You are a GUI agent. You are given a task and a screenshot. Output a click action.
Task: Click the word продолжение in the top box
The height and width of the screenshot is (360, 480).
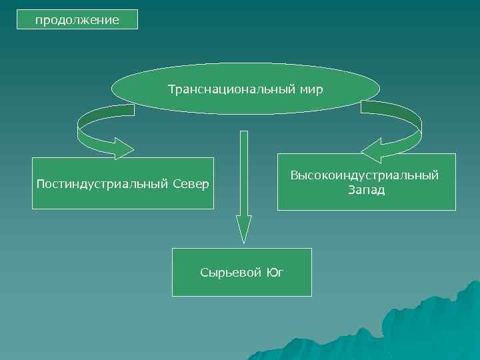coord(77,20)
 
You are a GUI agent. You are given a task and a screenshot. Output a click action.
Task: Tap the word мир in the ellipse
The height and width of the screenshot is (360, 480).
coord(311,89)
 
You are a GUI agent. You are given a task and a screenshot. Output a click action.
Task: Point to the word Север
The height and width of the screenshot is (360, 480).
coord(191,183)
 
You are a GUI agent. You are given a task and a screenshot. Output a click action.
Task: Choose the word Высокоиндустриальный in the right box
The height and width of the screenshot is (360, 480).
coord(365,175)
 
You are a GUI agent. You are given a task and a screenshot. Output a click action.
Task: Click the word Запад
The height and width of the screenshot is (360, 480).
coord(366,190)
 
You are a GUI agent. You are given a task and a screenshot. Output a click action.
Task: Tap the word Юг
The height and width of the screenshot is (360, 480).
coord(275,273)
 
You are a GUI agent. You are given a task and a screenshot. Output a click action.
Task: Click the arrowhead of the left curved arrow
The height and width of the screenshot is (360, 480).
coord(123,148)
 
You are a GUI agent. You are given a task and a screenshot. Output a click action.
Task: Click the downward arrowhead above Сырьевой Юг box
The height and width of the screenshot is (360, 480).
coord(244,229)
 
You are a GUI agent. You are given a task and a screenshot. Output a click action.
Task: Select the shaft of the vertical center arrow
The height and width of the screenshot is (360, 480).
coord(244,173)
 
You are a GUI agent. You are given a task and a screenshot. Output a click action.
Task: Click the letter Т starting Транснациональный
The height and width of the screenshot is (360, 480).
coord(171,89)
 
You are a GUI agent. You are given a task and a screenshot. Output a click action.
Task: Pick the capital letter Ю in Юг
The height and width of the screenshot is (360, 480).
coord(271,273)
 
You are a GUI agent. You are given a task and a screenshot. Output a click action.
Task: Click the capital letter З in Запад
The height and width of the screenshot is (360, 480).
coord(350,190)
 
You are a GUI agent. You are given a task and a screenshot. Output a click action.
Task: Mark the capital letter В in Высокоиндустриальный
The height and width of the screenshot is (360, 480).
coord(294,175)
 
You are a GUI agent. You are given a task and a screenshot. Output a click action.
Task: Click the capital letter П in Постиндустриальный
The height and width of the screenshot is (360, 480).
coord(41,183)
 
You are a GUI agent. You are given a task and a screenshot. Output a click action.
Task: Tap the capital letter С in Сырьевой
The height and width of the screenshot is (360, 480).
coord(204,273)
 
